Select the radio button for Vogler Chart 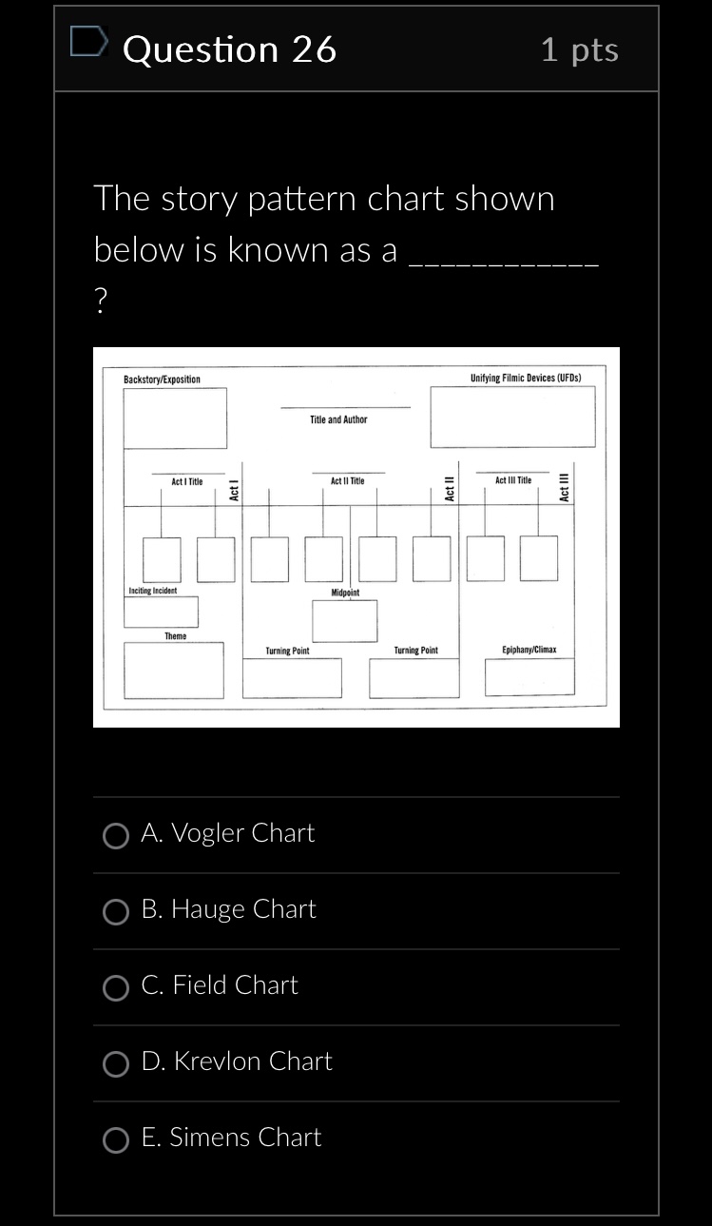116,836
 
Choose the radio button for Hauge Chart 116,912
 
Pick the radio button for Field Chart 116,988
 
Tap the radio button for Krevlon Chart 116,1064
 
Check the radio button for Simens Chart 116,1140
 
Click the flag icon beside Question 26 88,44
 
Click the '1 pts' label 579,49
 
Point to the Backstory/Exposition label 162,379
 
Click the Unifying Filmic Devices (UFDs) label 525,378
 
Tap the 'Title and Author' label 338,419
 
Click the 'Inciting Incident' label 152,591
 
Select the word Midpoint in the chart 345,593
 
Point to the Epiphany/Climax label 529,651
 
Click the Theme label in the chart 176,635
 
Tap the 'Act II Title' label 347,481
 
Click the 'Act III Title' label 513,481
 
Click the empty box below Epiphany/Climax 529,677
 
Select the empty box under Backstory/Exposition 175,418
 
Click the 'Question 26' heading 230,49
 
